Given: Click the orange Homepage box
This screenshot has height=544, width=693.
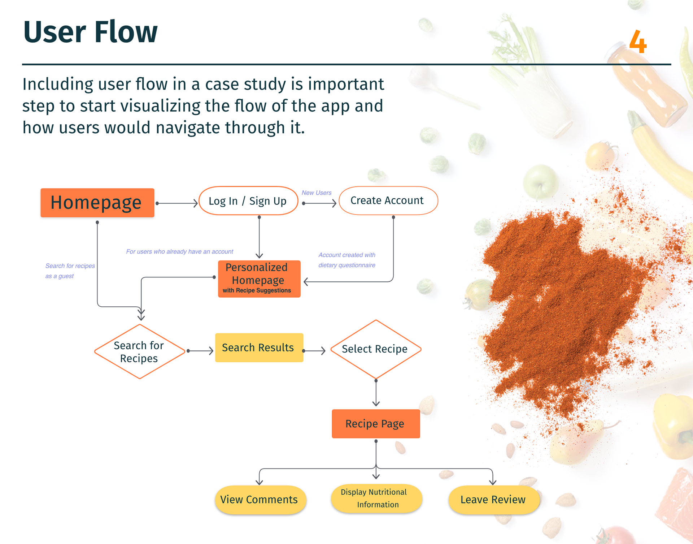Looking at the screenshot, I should tap(97, 203).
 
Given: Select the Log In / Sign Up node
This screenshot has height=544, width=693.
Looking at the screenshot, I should tap(248, 201).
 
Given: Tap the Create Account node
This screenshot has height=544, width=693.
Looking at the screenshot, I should tap(388, 200).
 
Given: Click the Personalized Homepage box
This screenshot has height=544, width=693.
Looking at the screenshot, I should tap(259, 279).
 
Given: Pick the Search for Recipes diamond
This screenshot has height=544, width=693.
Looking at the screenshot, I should tap(139, 351).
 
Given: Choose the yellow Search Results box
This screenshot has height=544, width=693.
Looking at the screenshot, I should tap(259, 347).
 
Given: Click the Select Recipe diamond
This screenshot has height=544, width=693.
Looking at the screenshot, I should tap(375, 349).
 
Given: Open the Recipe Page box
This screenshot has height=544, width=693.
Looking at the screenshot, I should tap(375, 424).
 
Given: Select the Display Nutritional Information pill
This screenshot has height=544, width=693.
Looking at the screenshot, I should tap(375, 498).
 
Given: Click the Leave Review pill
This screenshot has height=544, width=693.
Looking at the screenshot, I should tap(493, 500).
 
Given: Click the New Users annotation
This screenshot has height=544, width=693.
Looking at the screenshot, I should tap(317, 193).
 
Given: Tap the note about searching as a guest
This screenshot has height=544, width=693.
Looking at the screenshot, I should tap(70, 271).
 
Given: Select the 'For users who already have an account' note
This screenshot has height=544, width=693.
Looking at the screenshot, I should tap(179, 251).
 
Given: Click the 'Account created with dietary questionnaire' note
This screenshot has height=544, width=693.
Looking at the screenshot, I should tap(346, 260).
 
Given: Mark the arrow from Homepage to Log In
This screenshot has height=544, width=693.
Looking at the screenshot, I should tap(177, 203).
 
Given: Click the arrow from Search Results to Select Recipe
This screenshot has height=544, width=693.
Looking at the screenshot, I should tap(314, 351).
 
